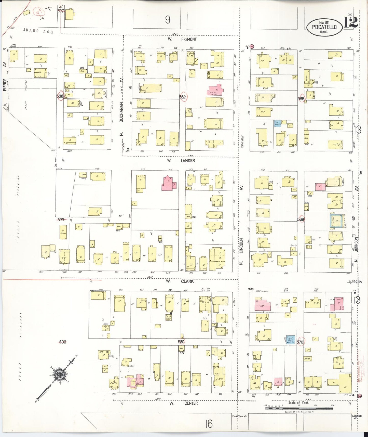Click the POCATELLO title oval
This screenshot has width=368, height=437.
point(324,27)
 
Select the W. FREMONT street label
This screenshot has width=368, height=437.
point(182,39)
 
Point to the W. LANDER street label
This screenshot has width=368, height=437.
point(181,160)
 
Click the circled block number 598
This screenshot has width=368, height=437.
point(60,96)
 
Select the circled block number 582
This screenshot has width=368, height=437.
point(183,97)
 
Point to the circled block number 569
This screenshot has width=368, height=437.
point(301,219)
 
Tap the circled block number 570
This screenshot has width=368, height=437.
point(300,342)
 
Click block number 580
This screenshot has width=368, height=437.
point(181,342)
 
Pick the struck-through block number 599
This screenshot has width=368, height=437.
point(61,220)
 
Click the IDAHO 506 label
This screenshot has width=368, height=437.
point(38,31)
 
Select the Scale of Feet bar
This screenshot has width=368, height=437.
point(299,408)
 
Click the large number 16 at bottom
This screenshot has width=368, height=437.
point(209,424)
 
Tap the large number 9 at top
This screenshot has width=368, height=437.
point(168,20)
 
